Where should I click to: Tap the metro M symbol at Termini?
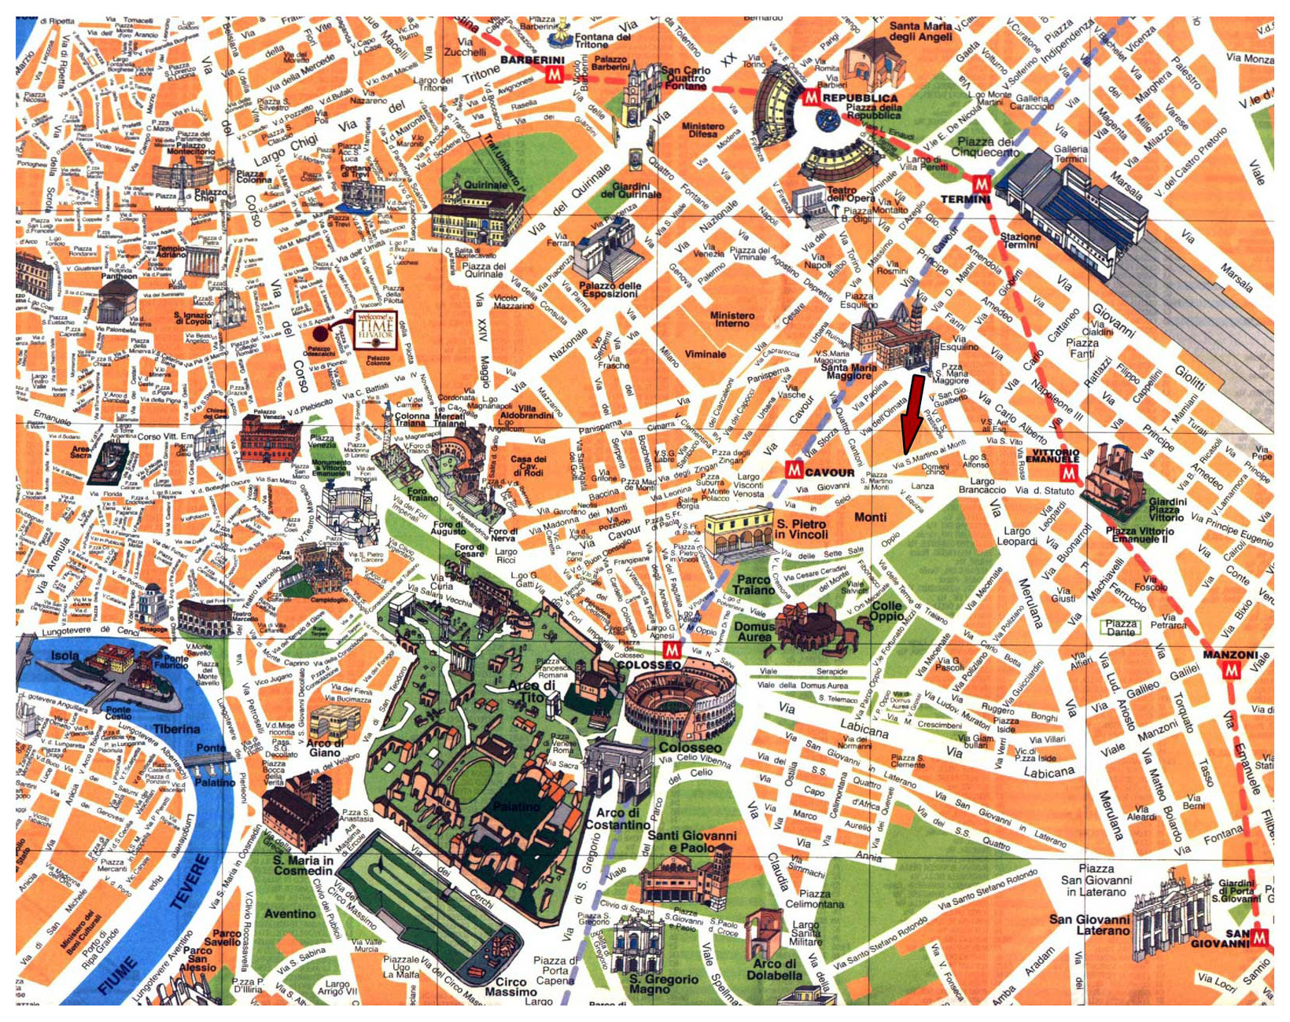tap(981, 184)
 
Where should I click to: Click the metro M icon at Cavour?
tap(794, 470)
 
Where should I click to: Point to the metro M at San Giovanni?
tap(1261, 937)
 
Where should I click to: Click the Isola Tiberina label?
tap(65, 655)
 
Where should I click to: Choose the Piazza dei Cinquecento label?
tap(986, 146)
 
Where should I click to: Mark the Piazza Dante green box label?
tap(1121, 627)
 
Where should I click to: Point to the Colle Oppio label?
tap(886, 610)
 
